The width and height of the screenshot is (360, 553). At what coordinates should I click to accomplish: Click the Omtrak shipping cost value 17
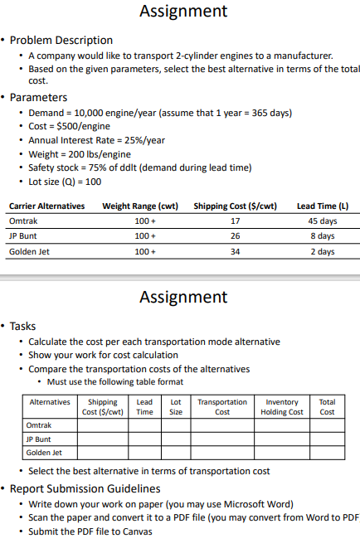tap(235, 221)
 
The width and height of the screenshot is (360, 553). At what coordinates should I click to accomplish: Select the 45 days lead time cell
tap(323, 221)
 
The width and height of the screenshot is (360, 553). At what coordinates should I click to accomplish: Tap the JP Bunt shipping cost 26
tap(235, 236)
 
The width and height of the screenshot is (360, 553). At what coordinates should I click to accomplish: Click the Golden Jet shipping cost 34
tap(235, 251)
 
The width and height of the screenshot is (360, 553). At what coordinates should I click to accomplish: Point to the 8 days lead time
tap(323, 236)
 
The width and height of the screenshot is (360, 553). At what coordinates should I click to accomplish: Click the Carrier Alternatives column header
tap(46, 206)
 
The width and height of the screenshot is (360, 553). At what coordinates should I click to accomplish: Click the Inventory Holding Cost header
tap(282, 406)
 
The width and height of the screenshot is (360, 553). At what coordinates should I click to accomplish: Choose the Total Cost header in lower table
tap(328, 406)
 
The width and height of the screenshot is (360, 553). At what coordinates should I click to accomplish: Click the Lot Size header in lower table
tap(176, 406)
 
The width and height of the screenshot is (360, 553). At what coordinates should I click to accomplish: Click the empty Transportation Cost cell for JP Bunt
tap(222, 439)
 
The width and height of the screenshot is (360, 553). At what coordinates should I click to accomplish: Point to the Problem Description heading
tap(61, 40)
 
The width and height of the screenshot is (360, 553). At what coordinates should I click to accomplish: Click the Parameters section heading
tap(39, 97)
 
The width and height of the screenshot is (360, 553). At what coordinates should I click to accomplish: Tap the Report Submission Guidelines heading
tap(85, 488)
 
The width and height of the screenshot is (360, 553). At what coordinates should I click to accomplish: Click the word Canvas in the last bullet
tap(137, 531)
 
